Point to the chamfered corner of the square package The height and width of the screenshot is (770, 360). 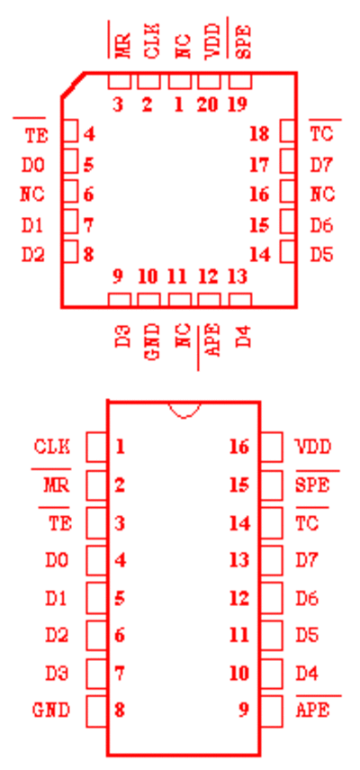tap(73, 85)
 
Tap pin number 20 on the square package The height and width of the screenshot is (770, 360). tap(208, 104)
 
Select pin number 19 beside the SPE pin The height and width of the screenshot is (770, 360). tap(238, 104)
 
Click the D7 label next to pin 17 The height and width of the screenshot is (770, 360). tap(321, 165)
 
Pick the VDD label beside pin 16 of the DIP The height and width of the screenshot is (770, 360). tap(313, 447)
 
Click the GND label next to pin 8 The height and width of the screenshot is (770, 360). tap(51, 710)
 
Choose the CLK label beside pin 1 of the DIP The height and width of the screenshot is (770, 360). tap(52, 447)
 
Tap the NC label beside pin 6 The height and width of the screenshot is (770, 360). tap(32, 195)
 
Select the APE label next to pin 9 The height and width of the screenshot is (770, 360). tap(312, 710)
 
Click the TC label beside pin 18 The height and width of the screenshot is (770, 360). tap(321, 134)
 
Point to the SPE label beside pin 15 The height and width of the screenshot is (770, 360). tap(312, 485)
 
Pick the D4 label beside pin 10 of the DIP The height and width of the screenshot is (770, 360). tap(307, 673)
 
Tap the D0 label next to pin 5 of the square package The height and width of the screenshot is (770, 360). tap(33, 165)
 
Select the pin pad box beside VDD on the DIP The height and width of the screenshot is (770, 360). tap(271, 447)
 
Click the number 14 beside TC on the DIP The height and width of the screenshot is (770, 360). tap(239, 523)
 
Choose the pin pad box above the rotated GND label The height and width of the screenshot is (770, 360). tap(149, 300)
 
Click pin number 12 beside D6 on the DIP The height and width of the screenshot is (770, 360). tap(239, 598)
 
